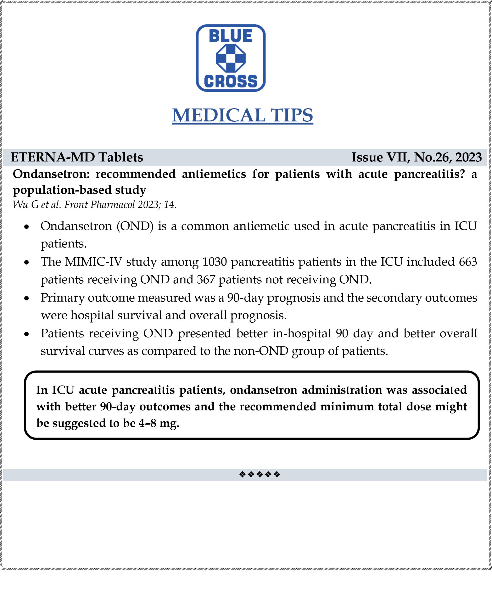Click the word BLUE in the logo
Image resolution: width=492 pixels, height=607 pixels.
230,36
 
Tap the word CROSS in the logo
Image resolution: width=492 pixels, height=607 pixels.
230,81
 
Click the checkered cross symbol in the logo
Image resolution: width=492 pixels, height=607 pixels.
230,58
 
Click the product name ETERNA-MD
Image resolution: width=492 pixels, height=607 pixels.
52,157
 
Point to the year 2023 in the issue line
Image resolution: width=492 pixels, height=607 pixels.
468,157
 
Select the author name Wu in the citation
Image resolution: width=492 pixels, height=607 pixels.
20,204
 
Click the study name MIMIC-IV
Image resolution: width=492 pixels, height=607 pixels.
93,262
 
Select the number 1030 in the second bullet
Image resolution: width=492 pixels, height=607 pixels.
214,262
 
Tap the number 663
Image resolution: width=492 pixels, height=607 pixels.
468,262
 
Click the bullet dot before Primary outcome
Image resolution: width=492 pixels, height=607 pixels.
27,298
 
